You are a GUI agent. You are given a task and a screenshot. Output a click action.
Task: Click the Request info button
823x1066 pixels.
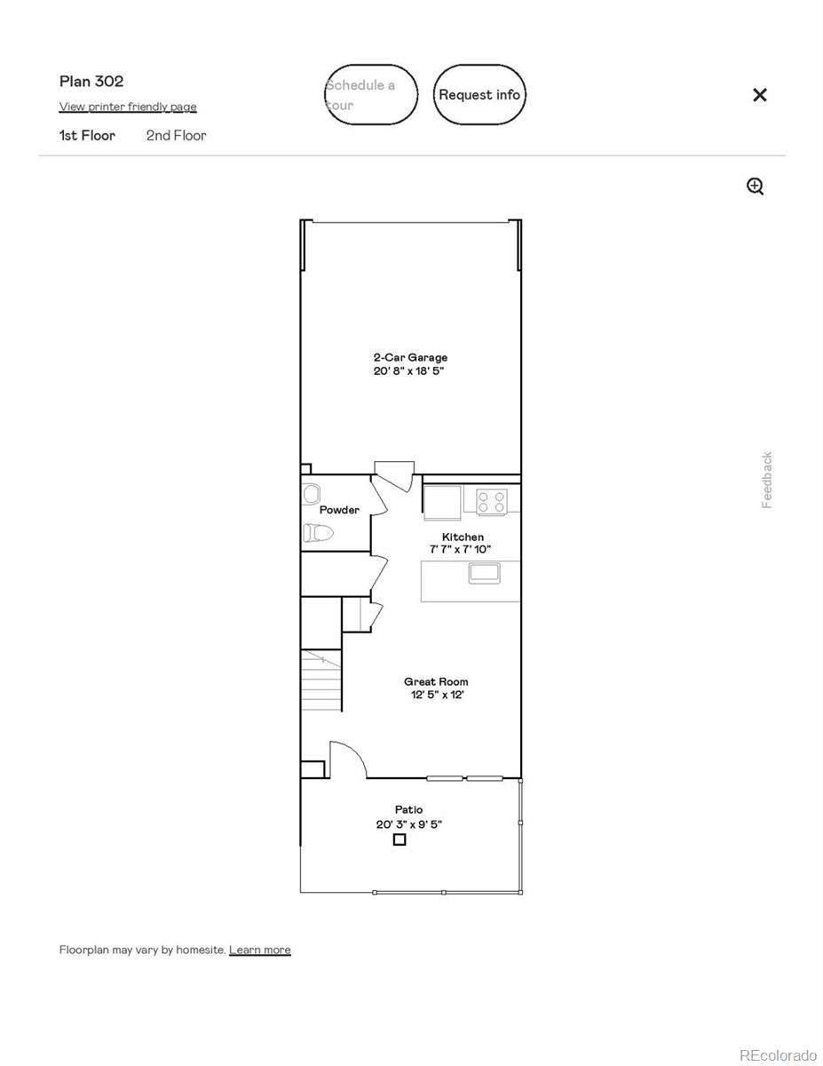tap(479, 94)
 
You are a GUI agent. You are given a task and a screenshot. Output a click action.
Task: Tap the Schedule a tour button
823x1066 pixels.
tap(370, 94)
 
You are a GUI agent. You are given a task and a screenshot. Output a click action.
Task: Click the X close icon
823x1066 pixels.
tap(759, 95)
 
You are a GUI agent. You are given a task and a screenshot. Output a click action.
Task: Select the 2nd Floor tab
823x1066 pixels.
tap(176, 135)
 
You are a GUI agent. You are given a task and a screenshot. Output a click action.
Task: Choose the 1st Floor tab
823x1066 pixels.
tap(87, 135)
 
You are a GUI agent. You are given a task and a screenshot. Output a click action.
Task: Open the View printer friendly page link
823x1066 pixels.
tap(128, 107)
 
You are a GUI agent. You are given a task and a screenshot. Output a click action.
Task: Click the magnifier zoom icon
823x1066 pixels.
tap(755, 186)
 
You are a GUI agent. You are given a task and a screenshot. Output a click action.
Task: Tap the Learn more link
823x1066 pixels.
tap(259, 950)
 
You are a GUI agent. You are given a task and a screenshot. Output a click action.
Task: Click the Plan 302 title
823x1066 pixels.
tap(91, 81)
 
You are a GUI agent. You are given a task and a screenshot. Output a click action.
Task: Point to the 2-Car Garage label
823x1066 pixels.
tap(409, 357)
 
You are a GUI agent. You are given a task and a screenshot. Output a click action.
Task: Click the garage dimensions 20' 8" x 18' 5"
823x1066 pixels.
tap(408, 370)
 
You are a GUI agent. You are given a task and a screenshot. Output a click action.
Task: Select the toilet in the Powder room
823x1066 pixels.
tap(317, 533)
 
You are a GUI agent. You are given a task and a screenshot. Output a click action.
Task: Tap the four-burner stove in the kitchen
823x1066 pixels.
tap(492, 502)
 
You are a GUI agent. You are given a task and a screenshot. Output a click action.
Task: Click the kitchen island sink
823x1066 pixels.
tap(484, 573)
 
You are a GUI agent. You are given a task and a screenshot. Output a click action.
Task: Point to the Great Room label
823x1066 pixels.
tap(436, 681)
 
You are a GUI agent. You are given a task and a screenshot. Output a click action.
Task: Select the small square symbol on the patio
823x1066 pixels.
tap(400, 839)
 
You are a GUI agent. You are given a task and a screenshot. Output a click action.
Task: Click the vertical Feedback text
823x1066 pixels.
tap(767, 480)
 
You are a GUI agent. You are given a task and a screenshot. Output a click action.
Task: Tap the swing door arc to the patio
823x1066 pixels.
tap(349, 756)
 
